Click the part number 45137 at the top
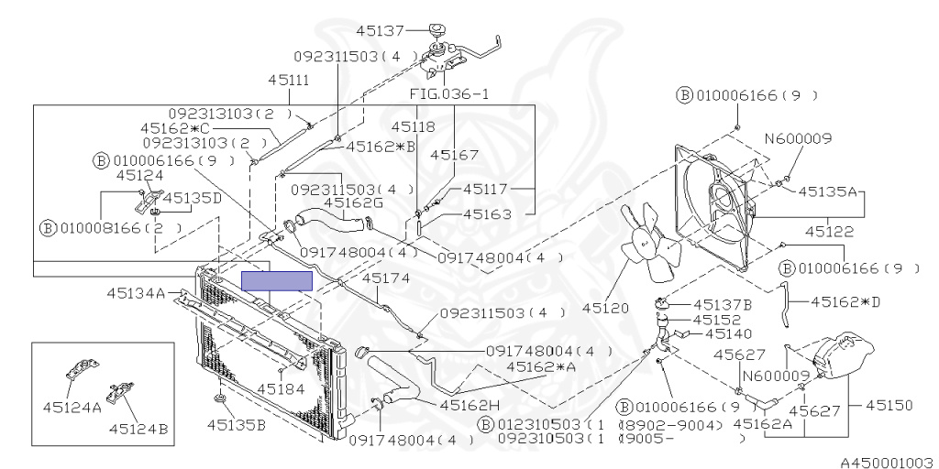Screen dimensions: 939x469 381,29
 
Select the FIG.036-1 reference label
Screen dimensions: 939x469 449,94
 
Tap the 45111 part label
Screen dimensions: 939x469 288,80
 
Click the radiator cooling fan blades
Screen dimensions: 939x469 650,242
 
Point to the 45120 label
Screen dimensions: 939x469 605,308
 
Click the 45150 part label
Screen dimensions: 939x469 889,406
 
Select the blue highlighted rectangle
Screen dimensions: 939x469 277,281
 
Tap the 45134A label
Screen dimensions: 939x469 136,293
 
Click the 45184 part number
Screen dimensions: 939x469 281,388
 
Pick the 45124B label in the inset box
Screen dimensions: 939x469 138,429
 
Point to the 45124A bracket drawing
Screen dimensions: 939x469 82,370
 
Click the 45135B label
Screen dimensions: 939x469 236,424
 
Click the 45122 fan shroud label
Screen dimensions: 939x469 829,232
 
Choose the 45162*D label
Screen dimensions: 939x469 845,301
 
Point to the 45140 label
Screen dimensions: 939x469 729,333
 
